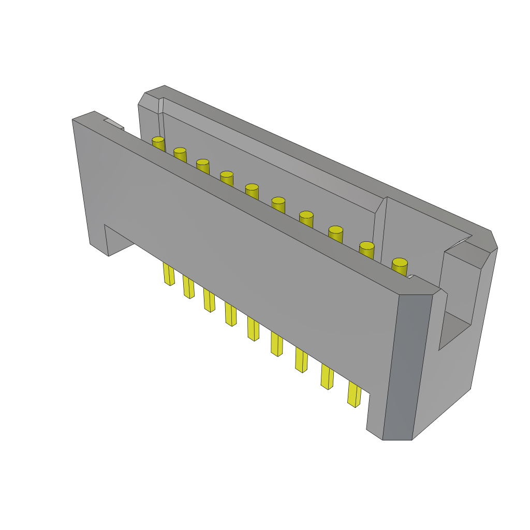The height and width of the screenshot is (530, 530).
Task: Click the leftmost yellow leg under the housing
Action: click(168, 274)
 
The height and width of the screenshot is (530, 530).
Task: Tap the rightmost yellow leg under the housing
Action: click(354, 394)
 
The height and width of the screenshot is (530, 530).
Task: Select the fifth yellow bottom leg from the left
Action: click(253, 329)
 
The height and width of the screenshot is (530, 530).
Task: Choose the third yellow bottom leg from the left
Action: click(209, 300)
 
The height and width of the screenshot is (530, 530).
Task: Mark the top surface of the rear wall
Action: click(321, 155)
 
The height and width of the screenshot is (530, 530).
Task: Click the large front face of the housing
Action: click(233, 259)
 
